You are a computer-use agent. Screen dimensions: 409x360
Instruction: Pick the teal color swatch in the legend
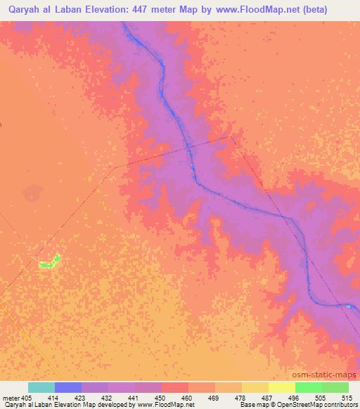(x=41, y=387)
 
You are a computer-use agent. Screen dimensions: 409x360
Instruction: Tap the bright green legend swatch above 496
(x=309, y=387)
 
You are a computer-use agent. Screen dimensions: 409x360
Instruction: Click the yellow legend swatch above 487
(x=282, y=387)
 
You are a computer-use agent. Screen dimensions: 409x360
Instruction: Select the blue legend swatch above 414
(x=68, y=387)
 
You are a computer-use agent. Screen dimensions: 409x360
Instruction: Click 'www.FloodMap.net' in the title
(x=259, y=8)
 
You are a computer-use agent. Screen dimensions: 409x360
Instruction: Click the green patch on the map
(x=49, y=263)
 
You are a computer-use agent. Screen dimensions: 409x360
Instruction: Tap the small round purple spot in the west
(x=31, y=191)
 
